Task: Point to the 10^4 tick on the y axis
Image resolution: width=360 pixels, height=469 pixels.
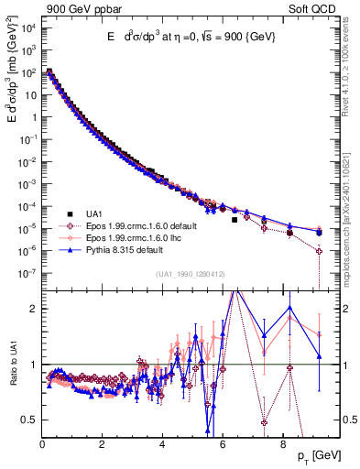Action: click(x=27, y=28)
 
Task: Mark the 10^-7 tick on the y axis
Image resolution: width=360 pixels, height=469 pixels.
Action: click(x=27, y=273)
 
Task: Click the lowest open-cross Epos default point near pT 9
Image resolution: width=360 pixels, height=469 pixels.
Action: click(x=319, y=250)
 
